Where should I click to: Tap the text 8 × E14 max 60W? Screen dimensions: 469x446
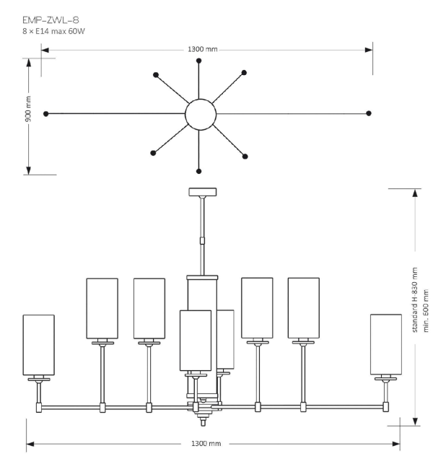(x=54, y=32)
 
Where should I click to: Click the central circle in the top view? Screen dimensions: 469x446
(x=201, y=113)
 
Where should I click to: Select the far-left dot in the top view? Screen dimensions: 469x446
(x=46, y=114)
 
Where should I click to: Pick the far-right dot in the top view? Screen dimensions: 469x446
(x=369, y=113)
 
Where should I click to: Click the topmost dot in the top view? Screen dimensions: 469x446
(x=199, y=60)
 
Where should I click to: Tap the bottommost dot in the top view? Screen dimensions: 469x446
(x=199, y=171)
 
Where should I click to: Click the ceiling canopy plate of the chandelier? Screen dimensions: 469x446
(x=203, y=192)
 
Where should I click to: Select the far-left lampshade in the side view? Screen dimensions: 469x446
(x=39, y=345)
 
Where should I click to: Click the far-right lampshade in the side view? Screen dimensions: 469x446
(x=386, y=344)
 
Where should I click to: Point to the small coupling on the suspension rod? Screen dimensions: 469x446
(x=203, y=240)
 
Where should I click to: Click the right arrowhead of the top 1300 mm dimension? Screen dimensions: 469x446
(x=369, y=50)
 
